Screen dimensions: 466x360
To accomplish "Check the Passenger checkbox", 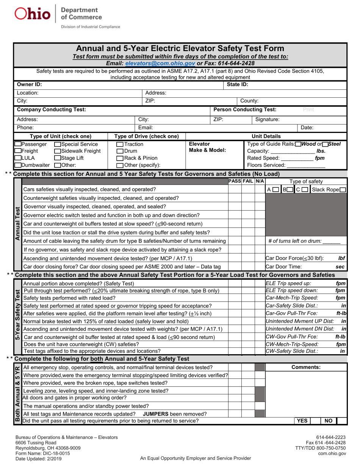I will pos(18,144).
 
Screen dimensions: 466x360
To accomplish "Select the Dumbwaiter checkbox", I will pos(18,165).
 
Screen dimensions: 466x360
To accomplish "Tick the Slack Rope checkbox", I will pos(343,189).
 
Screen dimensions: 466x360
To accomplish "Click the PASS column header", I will pos(235,181).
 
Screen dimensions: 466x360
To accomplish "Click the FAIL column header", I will pos(248,181).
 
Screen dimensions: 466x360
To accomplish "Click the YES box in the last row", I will pos(302,420).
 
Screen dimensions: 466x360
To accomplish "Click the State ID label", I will pos(238,84).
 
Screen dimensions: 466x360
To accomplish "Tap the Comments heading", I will pos(306,367).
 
